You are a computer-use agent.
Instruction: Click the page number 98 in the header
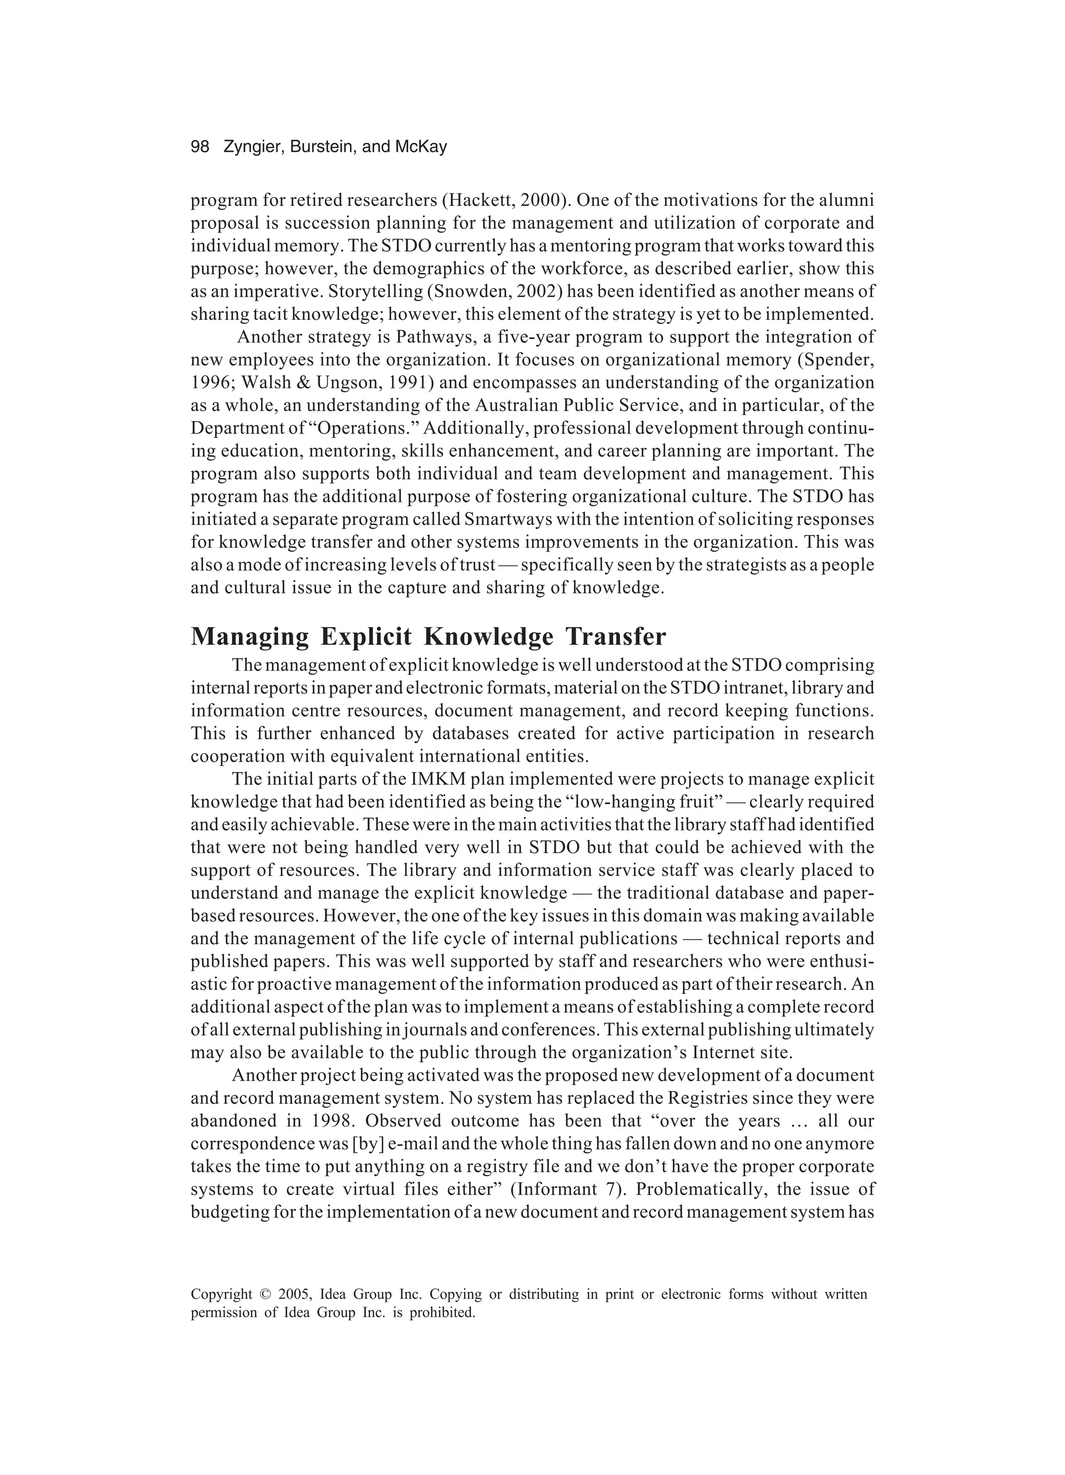tap(200, 147)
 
